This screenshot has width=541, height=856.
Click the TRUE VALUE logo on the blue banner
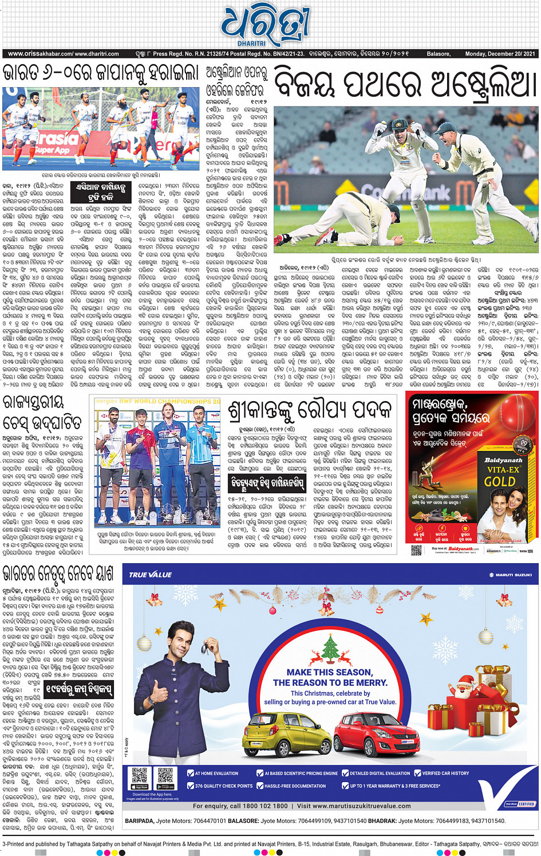tap(150, 575)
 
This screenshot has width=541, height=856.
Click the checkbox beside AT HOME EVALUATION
tap(191, 773)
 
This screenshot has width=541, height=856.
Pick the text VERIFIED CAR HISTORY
tap(445, 773)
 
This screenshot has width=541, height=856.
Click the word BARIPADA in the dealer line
tap(139, 821)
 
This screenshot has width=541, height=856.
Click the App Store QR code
tap(140, 776)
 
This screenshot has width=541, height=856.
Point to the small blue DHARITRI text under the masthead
tap(252, 43)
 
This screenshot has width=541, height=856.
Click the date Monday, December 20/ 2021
tap(500, 54)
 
